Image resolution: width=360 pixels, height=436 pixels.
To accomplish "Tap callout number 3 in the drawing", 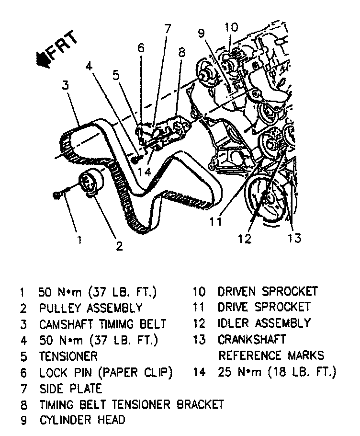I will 66,85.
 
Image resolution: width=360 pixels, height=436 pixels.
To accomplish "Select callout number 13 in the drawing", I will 295,238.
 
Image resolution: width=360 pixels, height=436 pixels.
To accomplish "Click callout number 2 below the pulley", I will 119,246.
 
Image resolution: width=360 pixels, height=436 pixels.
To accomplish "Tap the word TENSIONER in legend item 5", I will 68,356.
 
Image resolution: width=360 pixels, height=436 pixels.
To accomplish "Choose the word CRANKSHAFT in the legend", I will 252,339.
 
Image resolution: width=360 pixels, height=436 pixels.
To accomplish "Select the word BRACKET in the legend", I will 201,404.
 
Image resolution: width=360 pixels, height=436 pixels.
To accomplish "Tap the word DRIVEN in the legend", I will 240,291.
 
